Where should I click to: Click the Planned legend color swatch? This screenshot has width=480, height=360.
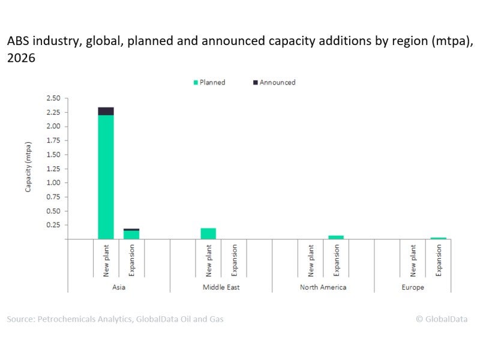pos(196,82)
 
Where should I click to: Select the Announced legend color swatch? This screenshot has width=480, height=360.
pos(256,82)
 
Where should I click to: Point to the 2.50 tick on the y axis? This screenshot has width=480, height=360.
pos(53,98)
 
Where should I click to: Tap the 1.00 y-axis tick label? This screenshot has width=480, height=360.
pos(53,183)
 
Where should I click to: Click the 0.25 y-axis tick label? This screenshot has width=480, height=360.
pos(53,225)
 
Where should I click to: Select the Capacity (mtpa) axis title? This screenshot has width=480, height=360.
pos(28,168)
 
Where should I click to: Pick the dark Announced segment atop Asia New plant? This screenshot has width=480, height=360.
pos(106,111)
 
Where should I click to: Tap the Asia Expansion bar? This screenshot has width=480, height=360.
pos(131,234)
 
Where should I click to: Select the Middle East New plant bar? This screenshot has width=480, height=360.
pos(208,233)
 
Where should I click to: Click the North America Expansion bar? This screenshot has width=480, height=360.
pos(336,237)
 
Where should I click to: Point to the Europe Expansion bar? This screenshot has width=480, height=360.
pos(438,238)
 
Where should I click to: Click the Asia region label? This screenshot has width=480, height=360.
pos(118,287)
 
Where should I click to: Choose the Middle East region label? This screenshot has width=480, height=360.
pos(221,287)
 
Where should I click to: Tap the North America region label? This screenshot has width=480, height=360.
pos(323,287)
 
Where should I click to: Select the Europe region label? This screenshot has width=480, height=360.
pos(413,287)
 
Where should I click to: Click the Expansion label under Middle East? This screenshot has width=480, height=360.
pos(234,259)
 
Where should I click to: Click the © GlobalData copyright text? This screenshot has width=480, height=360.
pos(442,319)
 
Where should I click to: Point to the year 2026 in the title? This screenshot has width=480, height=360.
pos(22,58)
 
